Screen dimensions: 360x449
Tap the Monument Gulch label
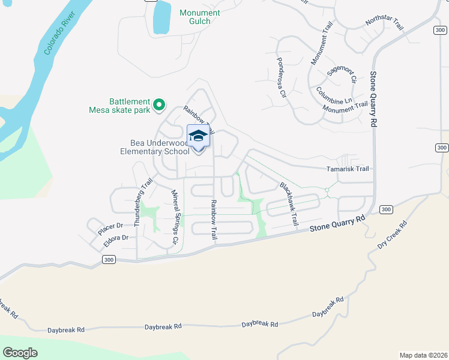[199, 17]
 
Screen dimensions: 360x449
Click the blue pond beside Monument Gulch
[161, 17]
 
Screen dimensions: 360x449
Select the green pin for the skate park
[159, 106]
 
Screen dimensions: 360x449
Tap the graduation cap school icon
[198, 136]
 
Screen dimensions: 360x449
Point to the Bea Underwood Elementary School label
[160, 147]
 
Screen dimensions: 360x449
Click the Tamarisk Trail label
[348, 169]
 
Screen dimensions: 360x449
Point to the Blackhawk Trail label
[288, 203]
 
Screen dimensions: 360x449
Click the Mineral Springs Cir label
[176, 217]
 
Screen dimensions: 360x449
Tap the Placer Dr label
[110, 226]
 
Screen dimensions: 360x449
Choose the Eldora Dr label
[116, 238]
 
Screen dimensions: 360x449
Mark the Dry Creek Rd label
[392, 235]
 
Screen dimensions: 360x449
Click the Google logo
[20, 353]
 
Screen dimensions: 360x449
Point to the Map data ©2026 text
[423, 355]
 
